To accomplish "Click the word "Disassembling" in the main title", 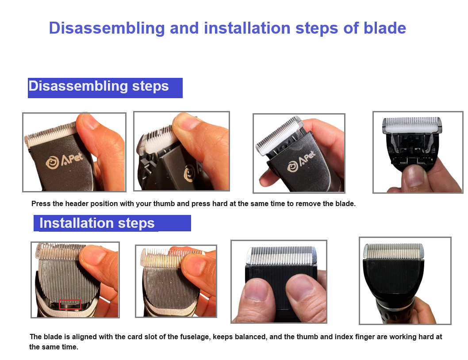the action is click(107, 29).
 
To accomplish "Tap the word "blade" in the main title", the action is click(385, 28).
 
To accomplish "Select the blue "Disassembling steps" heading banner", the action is click(105, 88).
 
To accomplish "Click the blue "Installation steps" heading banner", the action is click(112, 223).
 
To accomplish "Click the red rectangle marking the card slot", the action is click(70, 304).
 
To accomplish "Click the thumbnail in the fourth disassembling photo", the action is click(415, 176).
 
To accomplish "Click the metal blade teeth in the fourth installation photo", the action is click(393, 251).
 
